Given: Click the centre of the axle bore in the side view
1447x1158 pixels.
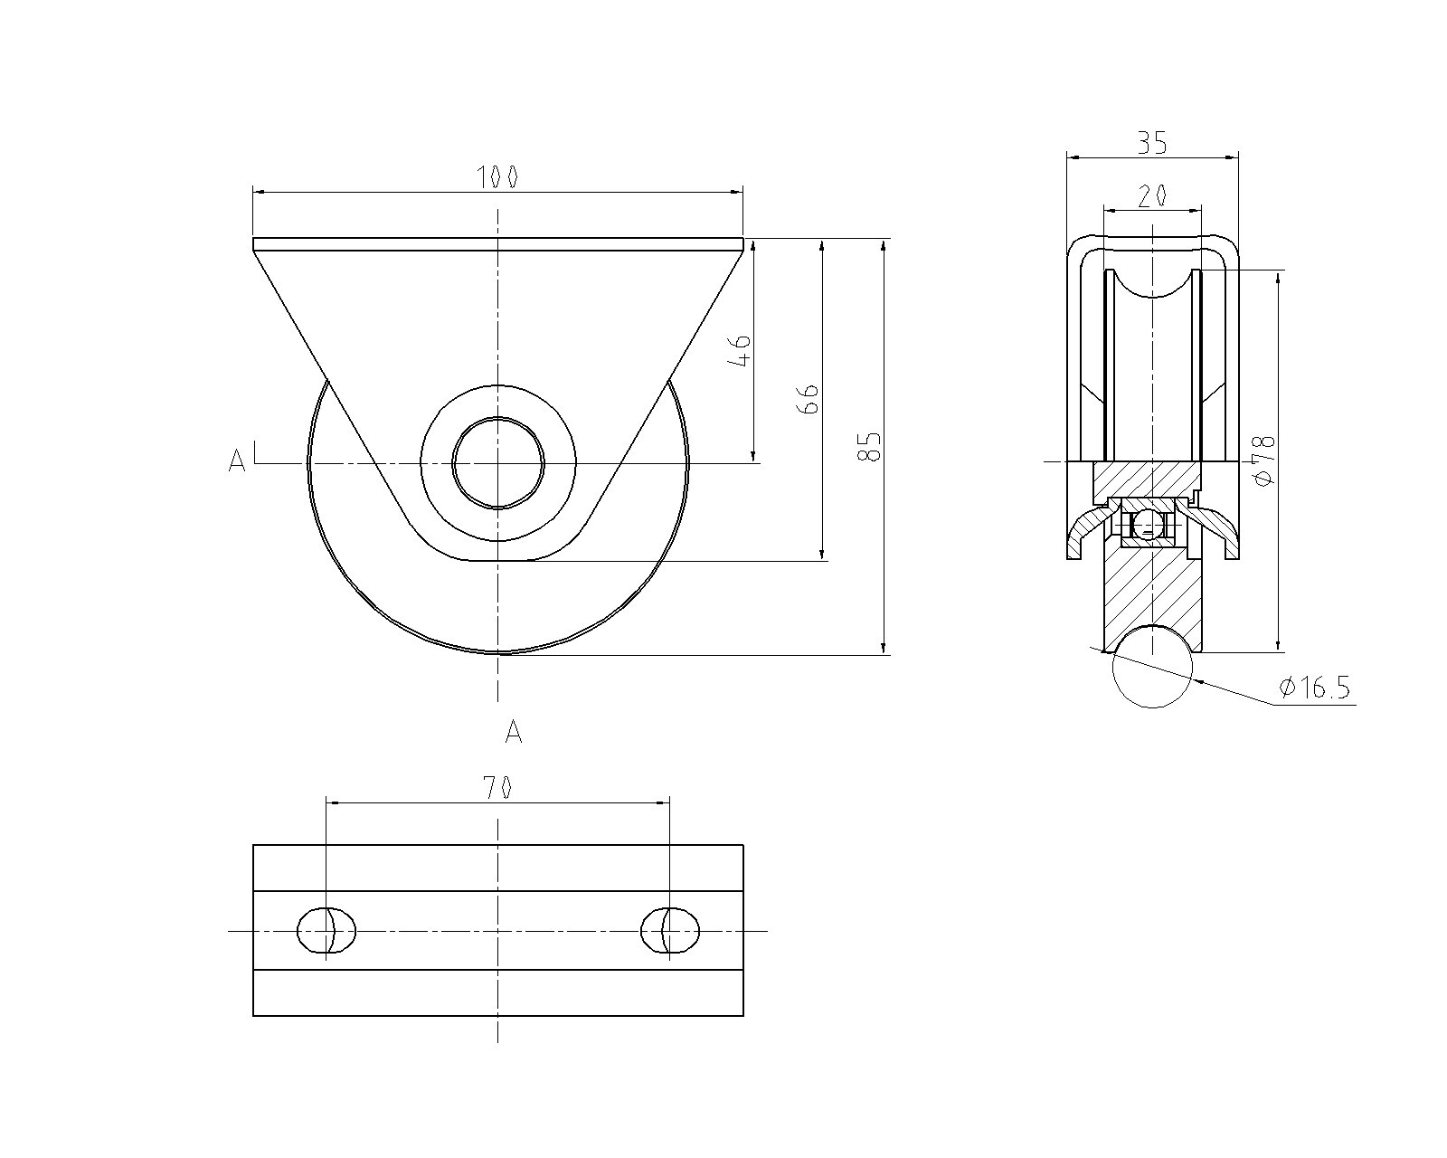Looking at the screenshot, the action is click(x=497, y=463).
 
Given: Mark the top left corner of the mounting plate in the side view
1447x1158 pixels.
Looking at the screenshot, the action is click(x=253, y=238).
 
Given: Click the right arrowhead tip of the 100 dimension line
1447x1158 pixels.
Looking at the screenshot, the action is click(x=743, y=193).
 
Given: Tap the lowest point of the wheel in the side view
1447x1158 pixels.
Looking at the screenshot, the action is click(x=497, y=653).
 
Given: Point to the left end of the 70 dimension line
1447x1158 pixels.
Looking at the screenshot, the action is click(x=326, y=802).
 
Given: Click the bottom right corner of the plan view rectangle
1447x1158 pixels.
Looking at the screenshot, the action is click(x=743, y=1015).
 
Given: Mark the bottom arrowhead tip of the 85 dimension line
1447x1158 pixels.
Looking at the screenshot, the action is click(x=883, y=654).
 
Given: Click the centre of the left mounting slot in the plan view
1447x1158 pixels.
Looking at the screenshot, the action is click(x=326, y=931).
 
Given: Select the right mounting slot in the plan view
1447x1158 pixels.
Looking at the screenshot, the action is click(x=670, y=931).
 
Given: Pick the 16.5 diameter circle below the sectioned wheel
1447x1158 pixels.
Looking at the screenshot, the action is click(x=1152, y=667).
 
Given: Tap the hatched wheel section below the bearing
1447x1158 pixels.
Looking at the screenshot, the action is click(x=1152, y=593).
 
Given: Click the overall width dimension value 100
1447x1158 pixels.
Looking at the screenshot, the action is click(x=497, y=177).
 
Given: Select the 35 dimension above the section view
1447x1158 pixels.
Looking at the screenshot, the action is click(x=1152, y=143).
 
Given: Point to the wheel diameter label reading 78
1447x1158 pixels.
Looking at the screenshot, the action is click(x=1265, y=460).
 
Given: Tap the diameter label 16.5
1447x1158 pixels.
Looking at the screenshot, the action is click(x=1314, y=688).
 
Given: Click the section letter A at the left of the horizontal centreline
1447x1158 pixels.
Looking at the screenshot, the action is click(x=237, y=460).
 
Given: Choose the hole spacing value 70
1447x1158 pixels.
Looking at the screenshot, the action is click(x=498, y=789).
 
